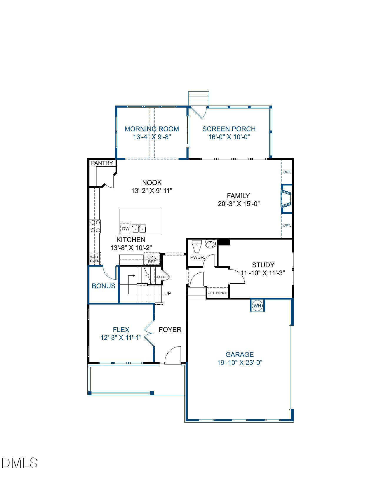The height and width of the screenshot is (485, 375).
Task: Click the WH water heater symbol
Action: click(257, 306)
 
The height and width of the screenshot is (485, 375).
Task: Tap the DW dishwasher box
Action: click(126, 229)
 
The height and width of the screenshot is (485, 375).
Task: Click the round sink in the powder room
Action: click(210, 244)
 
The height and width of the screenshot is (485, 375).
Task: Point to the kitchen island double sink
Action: click(139, 229)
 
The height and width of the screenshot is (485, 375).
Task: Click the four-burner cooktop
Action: click(95, 226)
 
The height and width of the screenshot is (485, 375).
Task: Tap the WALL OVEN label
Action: click(95, 259)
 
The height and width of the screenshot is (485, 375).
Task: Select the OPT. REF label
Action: click(152, 259)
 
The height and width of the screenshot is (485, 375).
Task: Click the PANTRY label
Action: click(102, 163)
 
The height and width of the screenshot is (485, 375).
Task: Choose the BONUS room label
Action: click(104, 286)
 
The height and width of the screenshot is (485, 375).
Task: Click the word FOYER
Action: click(170, 330)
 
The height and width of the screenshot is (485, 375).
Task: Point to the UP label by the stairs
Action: click(168, 293)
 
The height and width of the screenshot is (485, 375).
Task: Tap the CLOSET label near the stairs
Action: click(161, 277)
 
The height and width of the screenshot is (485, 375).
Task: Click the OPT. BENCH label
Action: click(218, 293)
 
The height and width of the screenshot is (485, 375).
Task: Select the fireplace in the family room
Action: click(286, 199)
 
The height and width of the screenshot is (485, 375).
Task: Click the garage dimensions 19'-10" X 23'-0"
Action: click(240, 363)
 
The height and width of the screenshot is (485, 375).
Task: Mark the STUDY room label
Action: click(263, 265)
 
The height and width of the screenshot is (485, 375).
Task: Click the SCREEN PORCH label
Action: click(229, 129)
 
